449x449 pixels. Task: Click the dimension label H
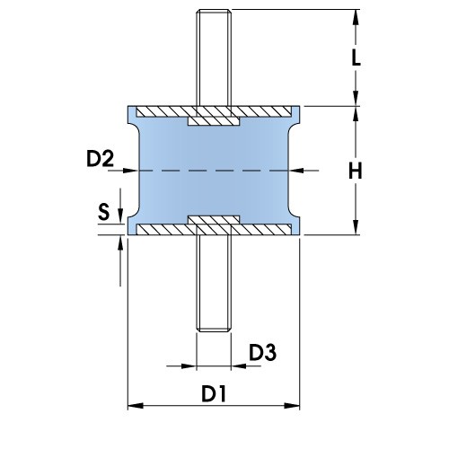pos(357,170)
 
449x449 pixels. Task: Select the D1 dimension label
pos(213,393)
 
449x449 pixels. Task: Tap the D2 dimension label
pos(100,160)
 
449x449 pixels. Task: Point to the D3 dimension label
pos(262,353)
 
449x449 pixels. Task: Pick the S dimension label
pos(104,212)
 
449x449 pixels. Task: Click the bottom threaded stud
pos(213,287)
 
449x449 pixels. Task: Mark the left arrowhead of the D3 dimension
pos(189,365)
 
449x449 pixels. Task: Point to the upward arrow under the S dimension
pos(119,245)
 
